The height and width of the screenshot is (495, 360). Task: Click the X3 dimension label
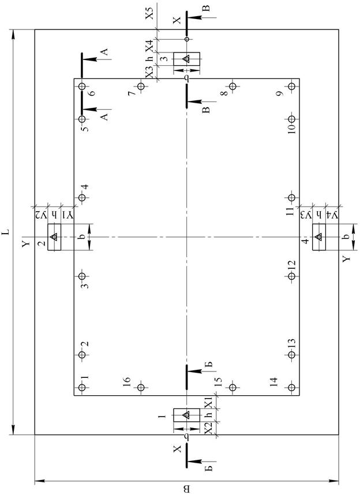click(x=149, y=73)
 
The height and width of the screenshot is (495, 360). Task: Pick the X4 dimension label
click(x=149, y=45)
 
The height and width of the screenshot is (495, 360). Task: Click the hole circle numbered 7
click(x=141, y=87)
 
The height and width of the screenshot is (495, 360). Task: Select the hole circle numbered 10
click(x=292, y=127)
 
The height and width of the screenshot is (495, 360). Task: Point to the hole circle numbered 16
click(x=141, y=388)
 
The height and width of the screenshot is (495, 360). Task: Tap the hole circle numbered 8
click(x=233, y=87)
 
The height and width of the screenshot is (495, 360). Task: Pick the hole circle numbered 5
click(x=82, y=119)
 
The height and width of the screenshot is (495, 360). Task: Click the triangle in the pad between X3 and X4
click(x=186, y=59)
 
